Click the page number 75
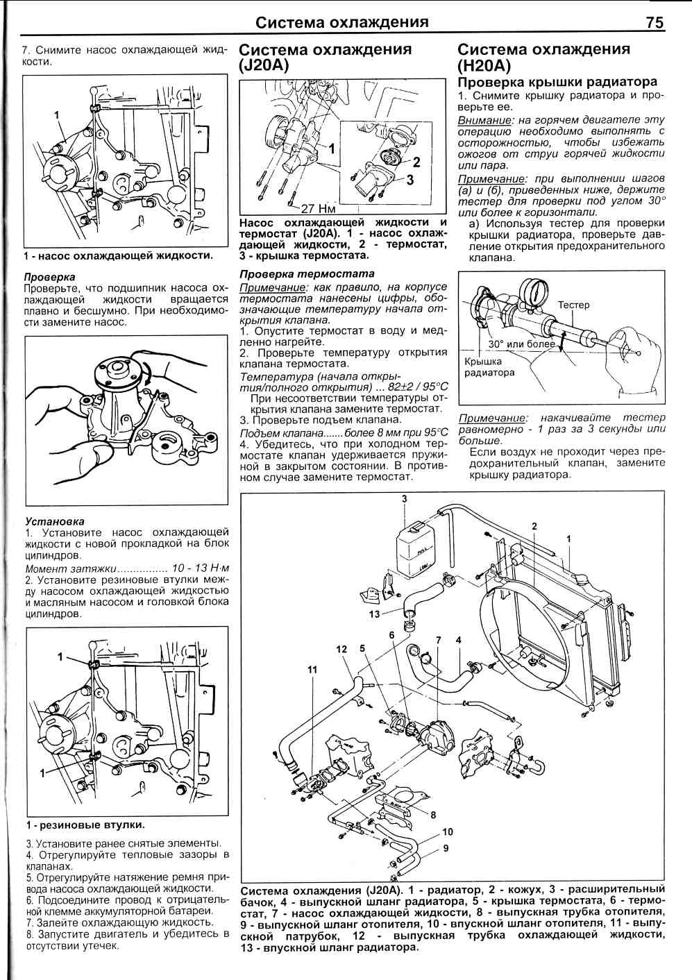click(655, 22)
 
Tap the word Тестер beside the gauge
click(573, 305)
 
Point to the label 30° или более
click(521, 344)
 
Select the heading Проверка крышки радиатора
click(557, 82)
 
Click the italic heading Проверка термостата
click(307, 273)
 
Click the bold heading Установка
click(54, 521)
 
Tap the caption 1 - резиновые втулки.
click(85, 825)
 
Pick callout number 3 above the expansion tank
click(405, 499)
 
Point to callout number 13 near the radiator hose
click(374, 614)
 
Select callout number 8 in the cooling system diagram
click(432, 815)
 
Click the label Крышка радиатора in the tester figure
click(489, 366)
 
